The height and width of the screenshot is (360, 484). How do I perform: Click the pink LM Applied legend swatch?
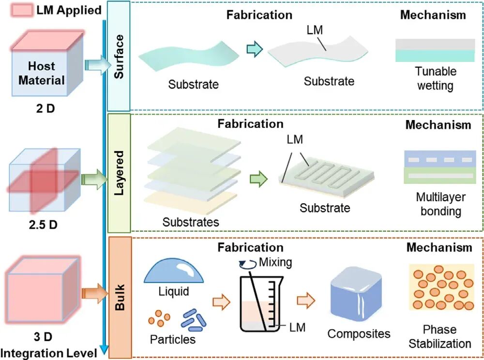click(x=22, y=10)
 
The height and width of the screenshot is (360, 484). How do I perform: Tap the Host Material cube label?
click(x=41, y=73)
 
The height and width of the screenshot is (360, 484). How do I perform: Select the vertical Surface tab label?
click(x=119, y=57)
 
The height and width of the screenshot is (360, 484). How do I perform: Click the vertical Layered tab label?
click(x=119, y=173)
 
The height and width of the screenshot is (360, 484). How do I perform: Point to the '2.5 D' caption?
click(x=43, y=225)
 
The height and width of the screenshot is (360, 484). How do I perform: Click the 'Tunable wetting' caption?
click(x=436, y=78)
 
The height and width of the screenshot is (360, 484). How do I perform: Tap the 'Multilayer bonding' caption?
click(x=441, y=204)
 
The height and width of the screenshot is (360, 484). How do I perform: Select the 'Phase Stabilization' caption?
click(x=440, y=337)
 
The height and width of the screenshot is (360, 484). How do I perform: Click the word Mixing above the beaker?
click(x=275, y=262)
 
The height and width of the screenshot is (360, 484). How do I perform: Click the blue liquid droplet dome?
click(x=173, y=270)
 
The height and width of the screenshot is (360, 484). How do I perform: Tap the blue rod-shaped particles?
click(x=194, y=320)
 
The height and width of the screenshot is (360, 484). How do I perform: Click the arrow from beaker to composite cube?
click(x=306, y=300)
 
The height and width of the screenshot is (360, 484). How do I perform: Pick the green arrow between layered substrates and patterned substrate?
click(x=258, y=179)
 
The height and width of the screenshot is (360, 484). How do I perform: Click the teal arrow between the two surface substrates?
click(x=255, y=49)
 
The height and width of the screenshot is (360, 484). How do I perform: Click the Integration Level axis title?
click(x=49, y=353)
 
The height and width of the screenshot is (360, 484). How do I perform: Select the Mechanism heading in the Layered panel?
click(x=439, y=125)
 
